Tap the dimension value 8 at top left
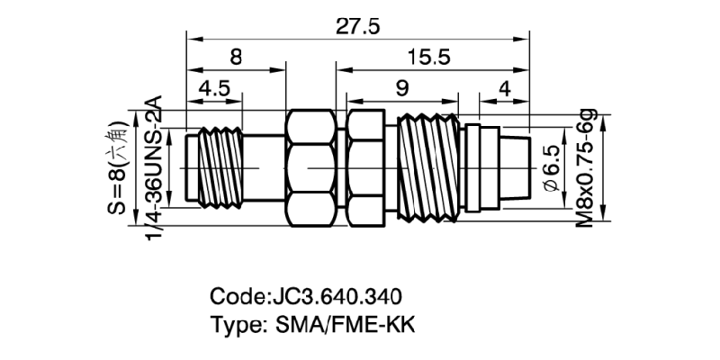[236, 57]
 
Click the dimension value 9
[402, 90]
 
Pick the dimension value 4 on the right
[504, 90]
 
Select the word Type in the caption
[235, 324]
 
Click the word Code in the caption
[237, 297]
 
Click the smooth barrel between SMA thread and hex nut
[263, 168]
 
